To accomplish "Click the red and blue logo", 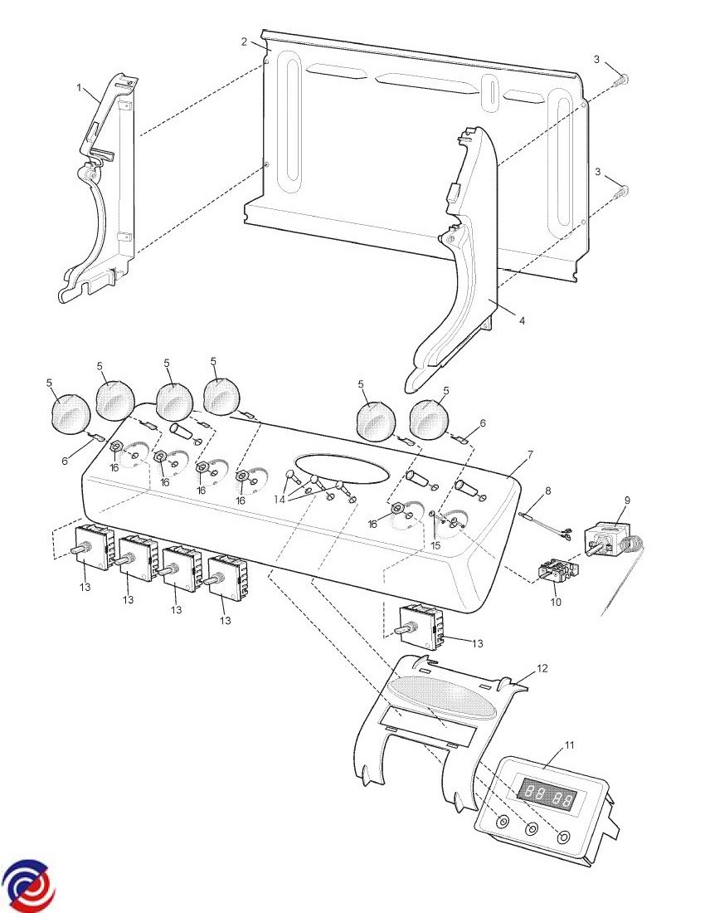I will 28,886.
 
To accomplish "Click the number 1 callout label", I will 80,87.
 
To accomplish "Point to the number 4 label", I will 522,320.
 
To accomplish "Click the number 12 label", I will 542,667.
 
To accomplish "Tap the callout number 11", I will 569,745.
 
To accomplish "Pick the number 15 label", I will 435,545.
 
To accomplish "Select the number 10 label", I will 556,602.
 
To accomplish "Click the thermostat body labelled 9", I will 612,541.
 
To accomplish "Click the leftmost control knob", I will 70,413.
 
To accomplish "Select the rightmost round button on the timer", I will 565,837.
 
